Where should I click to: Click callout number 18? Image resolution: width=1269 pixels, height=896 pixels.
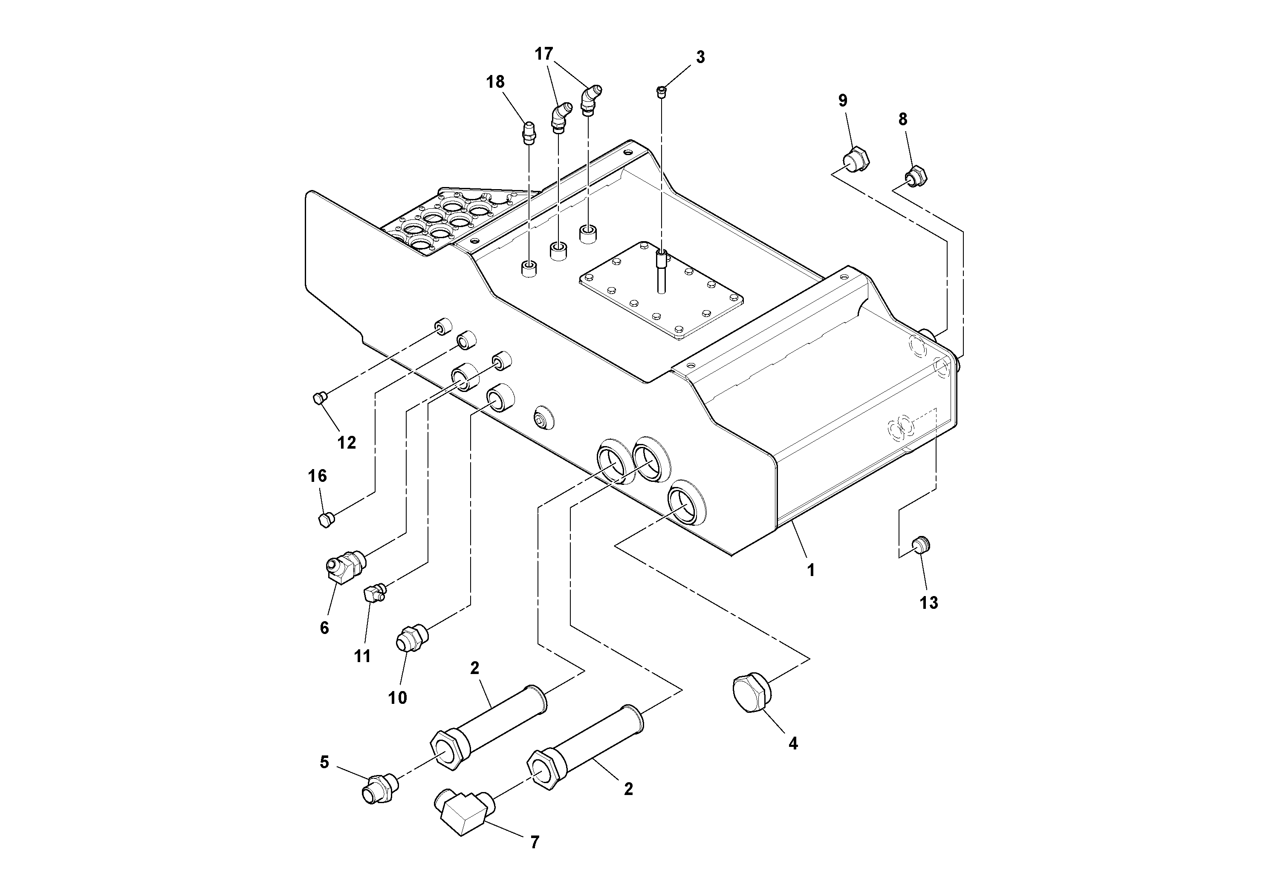(x=495, y=82)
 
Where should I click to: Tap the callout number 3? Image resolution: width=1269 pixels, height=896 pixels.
(x=700, y=58)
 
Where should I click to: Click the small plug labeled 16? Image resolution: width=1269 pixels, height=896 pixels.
(x=327, y=519)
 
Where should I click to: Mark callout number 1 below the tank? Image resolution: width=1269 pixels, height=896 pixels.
(x=811, y=570)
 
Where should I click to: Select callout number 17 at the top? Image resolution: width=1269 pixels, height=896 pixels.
(x=544, y=54)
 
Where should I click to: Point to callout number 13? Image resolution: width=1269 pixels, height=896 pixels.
(x=929, y=603)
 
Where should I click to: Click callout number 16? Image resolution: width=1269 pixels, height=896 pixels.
(x=317, y=475)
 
